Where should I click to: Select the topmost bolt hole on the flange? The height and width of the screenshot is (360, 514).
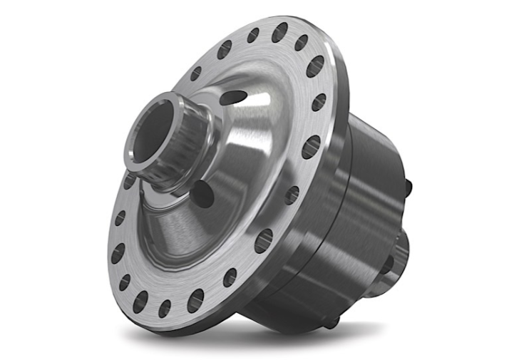pyautogui.click(x=279, y=32)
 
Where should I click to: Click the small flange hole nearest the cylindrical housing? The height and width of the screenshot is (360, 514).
pyautogui.click(x=292, y=195)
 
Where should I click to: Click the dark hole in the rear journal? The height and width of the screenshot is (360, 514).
pyautogui.click(x=389, y=265)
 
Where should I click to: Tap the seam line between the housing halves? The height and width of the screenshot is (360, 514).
pyautogui.click(x=349, y=214)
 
